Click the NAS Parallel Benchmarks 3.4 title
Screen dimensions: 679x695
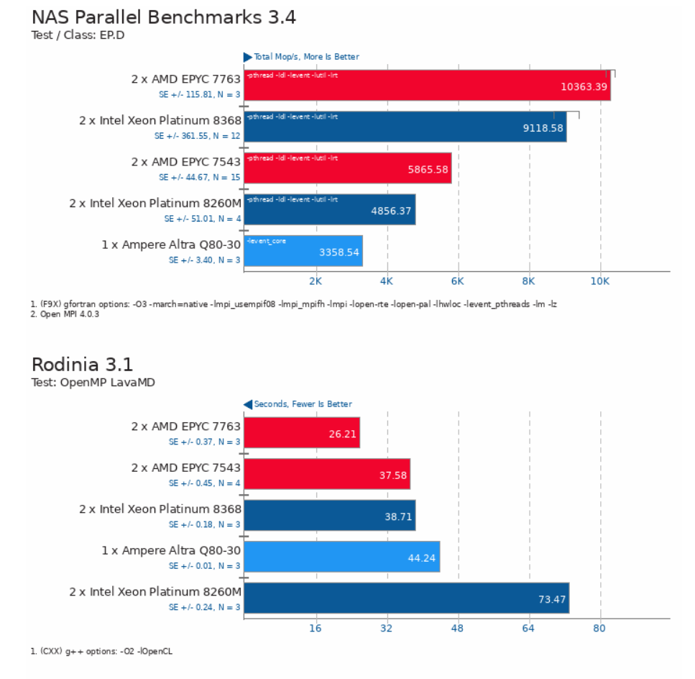click(164, 17)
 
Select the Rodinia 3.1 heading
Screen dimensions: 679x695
click(83, 365)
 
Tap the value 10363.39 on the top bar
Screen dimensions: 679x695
click(584, 87)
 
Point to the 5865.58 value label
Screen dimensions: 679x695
click(428, 170)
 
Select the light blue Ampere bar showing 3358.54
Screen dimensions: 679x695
click(303, 251)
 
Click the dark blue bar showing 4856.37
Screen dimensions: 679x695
click(329, 209)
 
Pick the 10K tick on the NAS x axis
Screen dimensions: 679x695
click(599, 281)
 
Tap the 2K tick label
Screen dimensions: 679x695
click(315, 281)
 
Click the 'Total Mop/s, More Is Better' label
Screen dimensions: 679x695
click(305, 57)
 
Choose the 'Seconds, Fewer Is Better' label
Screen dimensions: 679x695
click(302, 404)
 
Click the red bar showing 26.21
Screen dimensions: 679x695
click(301, 433)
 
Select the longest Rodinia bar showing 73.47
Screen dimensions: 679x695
click(406, 598)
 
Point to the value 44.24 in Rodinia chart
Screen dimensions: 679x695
click(422, 557)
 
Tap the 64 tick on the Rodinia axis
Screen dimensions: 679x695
click(529, 628)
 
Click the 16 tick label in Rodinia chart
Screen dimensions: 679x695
click(315, 628)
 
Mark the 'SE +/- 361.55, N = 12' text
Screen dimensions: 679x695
click(197, 135)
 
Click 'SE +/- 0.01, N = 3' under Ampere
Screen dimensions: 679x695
click(204, 566)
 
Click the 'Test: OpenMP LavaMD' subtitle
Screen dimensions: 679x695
click(93, 383)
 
